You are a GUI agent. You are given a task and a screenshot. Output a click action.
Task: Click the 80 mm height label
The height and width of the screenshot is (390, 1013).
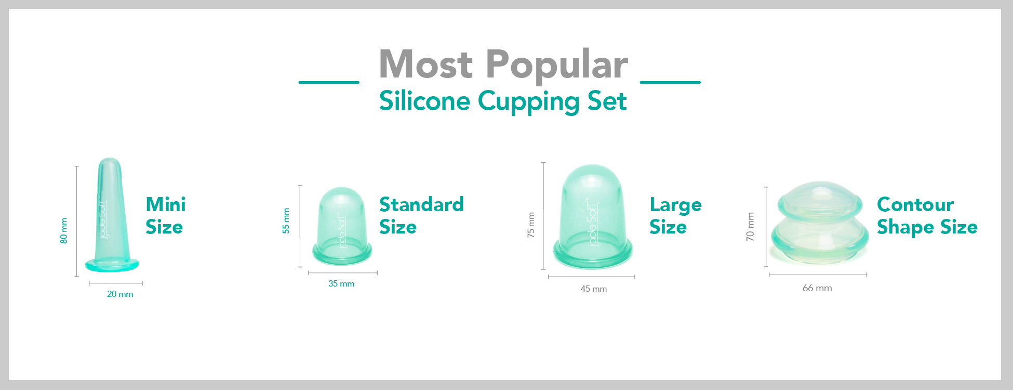click(x=64, y=231)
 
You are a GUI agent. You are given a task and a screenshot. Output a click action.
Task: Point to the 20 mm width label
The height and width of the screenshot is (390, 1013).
click(x=120, y=294)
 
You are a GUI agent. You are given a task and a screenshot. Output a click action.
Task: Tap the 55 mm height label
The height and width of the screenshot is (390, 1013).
click(x=286, y=221)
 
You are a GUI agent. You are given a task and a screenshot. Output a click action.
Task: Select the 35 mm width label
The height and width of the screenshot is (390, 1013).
click(x=341, y=284)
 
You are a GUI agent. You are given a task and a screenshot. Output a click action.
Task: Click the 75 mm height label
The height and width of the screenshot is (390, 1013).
click(x=531, y=225)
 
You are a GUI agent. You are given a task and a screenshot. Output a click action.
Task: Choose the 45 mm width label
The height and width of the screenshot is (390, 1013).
click(x=594, y=289)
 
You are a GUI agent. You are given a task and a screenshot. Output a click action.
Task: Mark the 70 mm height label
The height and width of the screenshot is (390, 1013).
click(x=750, y=227)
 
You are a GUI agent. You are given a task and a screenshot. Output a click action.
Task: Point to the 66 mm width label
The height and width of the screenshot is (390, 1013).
click(x=817, y=288)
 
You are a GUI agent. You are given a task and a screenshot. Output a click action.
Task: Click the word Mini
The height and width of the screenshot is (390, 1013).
click(x=166, y=204)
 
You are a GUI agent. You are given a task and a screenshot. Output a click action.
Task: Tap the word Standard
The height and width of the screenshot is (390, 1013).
click(x=421, y=204)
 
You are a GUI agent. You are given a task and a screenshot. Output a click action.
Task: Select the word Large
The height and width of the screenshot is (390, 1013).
click(x=675, y=205)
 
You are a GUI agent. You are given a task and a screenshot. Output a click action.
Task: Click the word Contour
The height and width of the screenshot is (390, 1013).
click(x=915, y=204)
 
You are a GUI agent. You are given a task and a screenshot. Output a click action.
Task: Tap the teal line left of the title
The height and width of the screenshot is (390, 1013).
click(x=329, y=82)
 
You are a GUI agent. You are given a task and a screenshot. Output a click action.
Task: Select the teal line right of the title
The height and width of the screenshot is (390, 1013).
click(x=670, y=82)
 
